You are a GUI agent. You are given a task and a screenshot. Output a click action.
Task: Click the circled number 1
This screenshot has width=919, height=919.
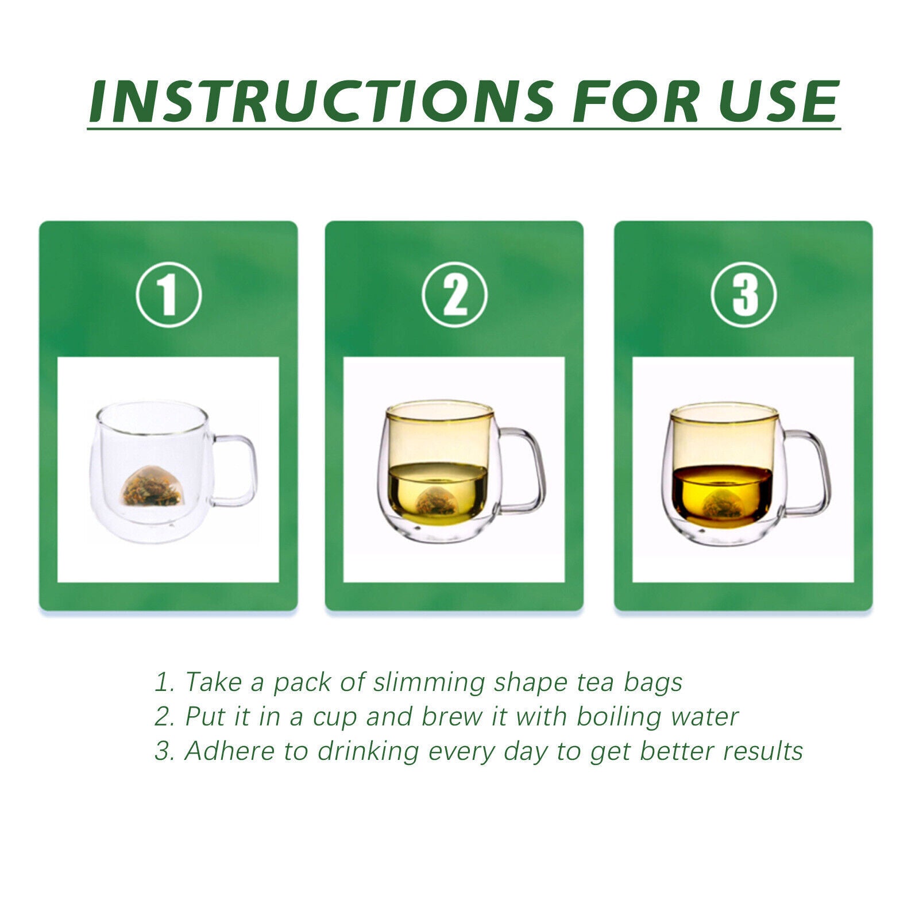coord(169,295)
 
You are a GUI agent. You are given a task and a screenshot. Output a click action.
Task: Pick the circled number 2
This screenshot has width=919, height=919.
coord(454,295)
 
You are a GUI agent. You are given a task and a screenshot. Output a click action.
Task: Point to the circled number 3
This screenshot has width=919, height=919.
coord(744,295)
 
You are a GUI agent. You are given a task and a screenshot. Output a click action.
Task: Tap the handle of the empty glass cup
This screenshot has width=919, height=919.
coord(235,471)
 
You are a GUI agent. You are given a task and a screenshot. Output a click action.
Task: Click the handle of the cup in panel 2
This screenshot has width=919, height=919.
coord(523,471)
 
